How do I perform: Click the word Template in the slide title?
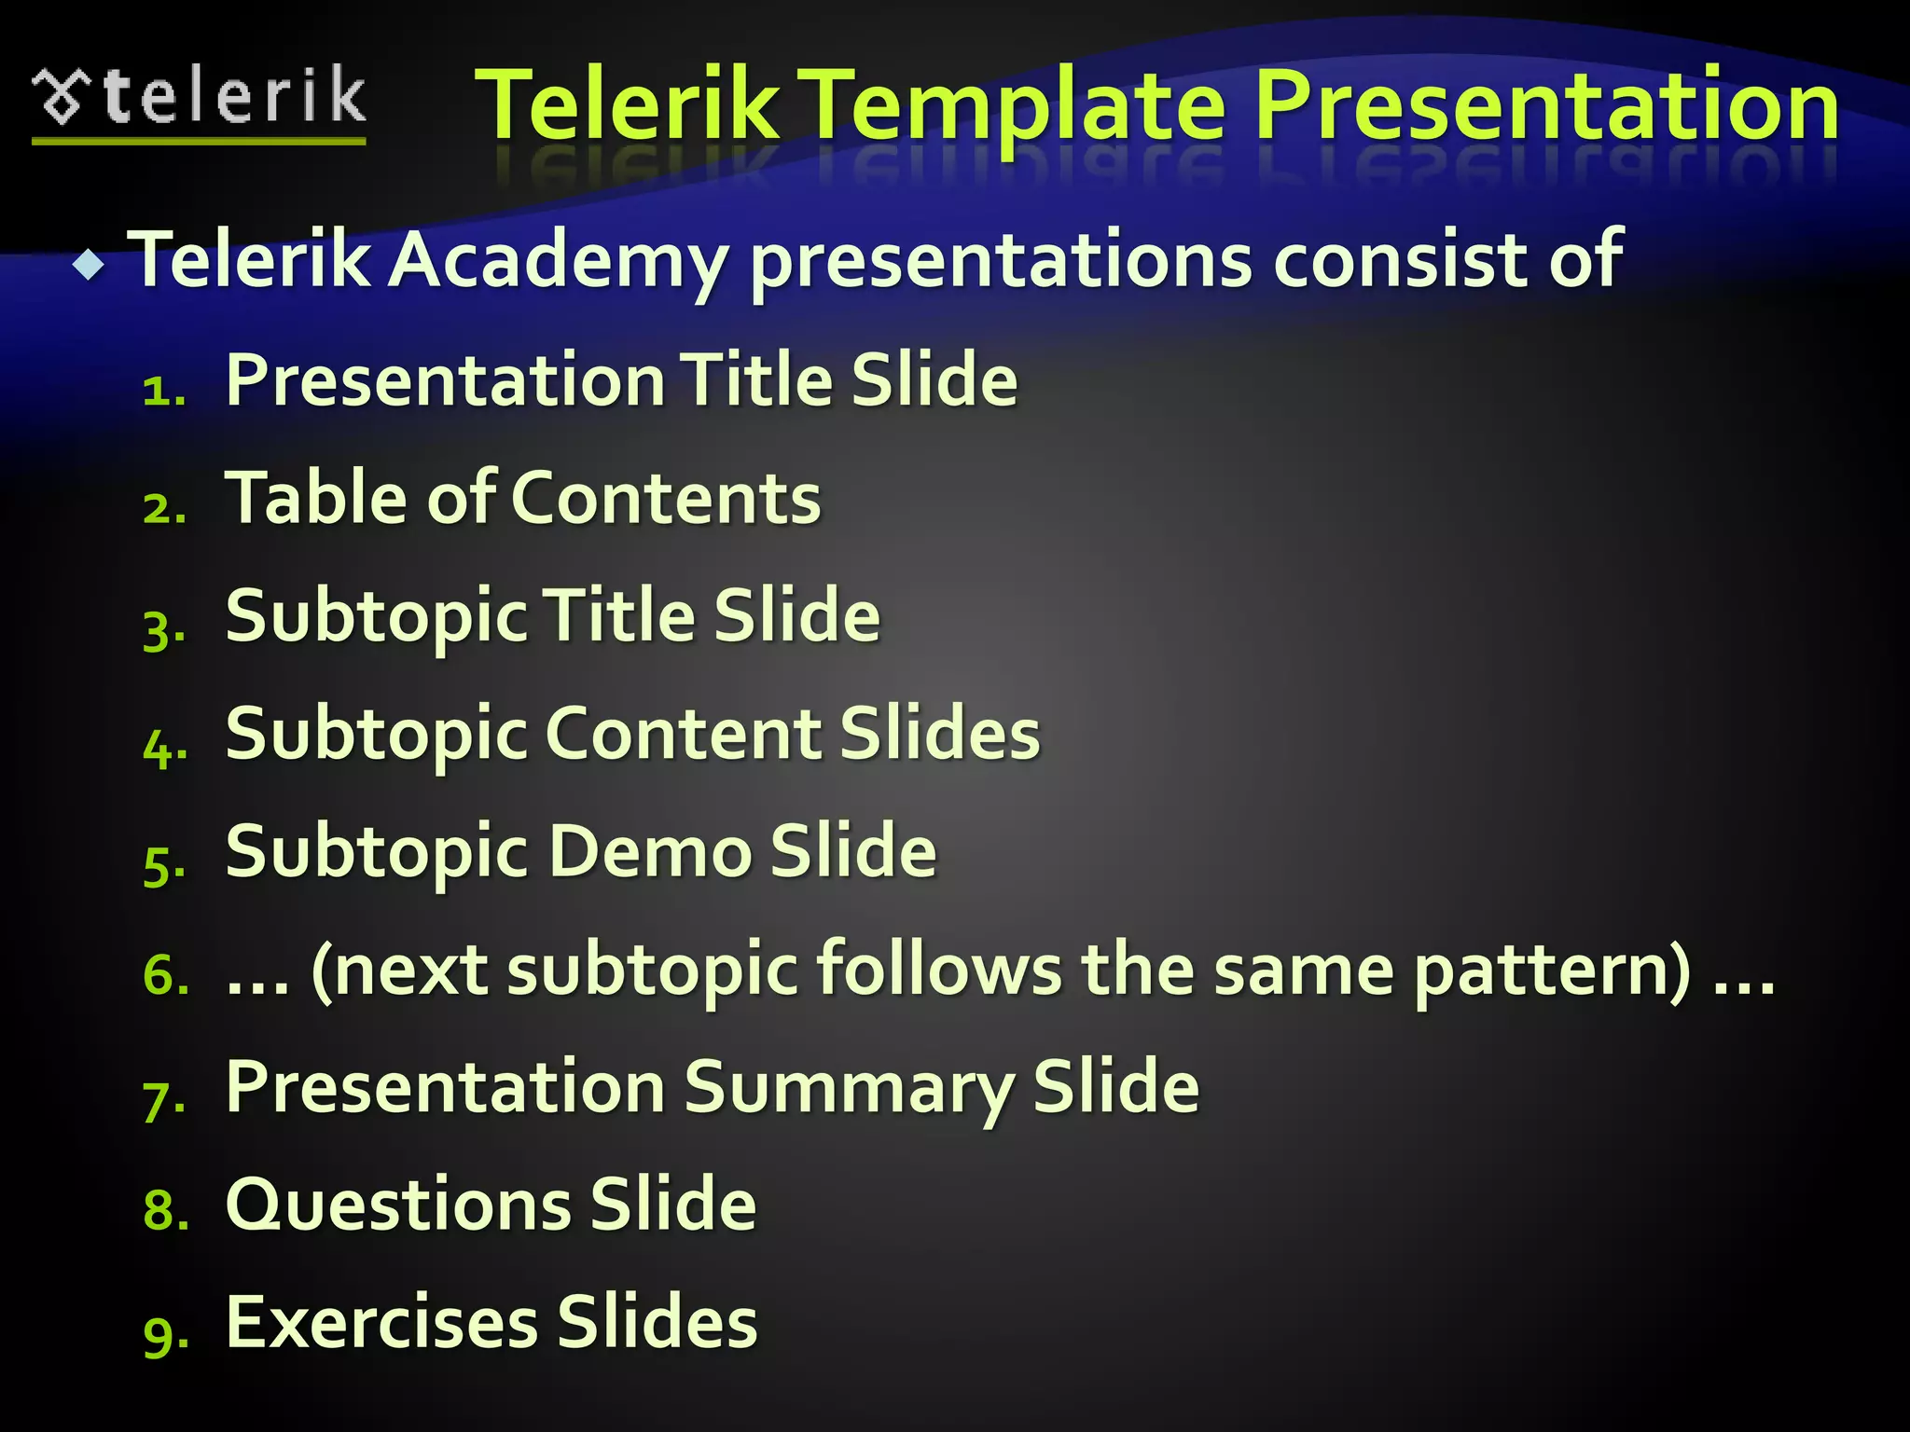[1015, 107]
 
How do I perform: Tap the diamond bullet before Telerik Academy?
[90, 266]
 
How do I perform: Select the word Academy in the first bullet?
[557, 261]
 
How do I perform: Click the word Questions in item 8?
[397, 1205]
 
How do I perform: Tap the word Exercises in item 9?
[381, 1322]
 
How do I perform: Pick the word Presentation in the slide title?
[1545, 107]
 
